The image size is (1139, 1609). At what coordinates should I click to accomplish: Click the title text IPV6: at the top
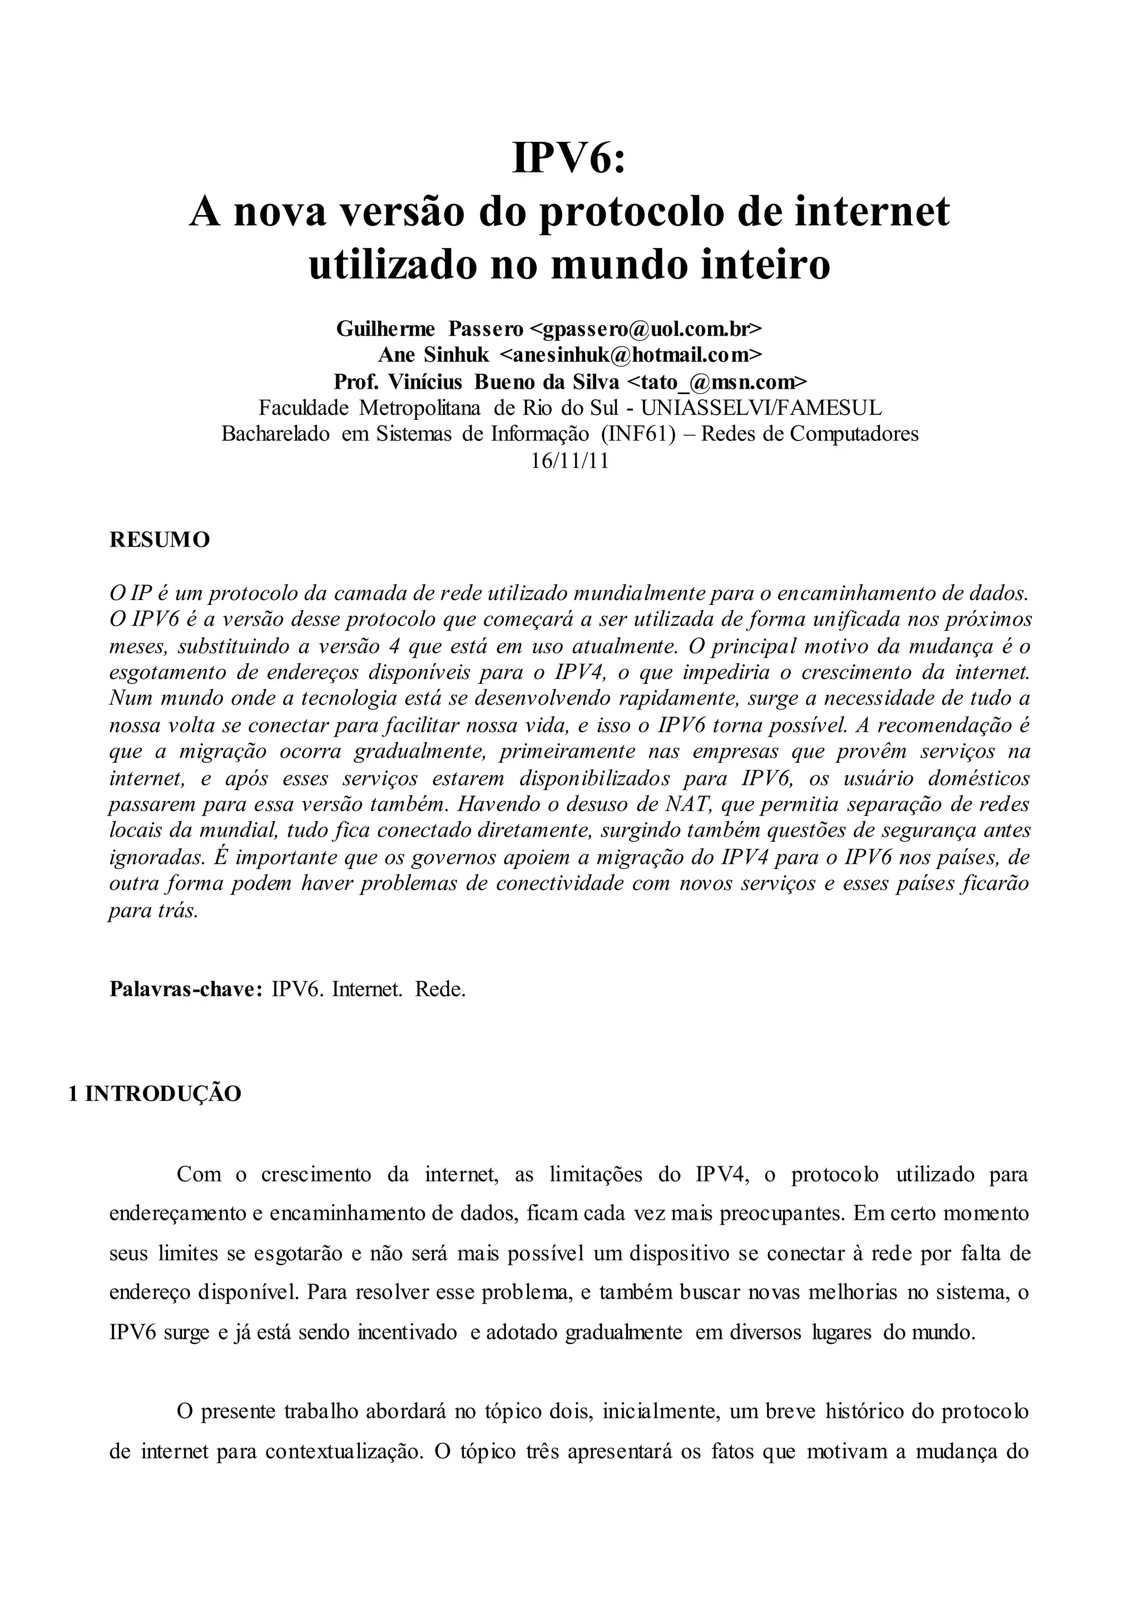(569, 158)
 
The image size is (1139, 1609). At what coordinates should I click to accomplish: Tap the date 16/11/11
(569, 460)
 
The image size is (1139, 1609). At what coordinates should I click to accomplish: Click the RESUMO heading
(159, 540)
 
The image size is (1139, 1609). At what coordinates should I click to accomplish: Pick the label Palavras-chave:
(186, 989)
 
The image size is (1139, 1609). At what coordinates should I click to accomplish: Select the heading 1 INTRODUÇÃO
(154, 1094)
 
